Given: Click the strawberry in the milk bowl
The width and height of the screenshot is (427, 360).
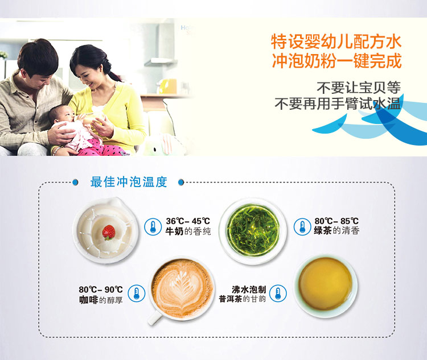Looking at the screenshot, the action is pos(108,233).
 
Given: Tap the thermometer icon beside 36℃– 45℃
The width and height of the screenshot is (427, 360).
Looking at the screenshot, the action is pos(153,226).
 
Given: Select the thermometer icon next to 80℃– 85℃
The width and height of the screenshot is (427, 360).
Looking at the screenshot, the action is pos(302,227).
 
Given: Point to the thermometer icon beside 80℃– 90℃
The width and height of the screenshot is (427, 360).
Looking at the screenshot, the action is pos(137,293).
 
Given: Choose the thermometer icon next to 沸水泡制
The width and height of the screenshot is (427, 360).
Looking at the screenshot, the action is pos(278,293).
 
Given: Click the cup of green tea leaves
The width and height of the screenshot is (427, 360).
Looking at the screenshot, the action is pos(253,231).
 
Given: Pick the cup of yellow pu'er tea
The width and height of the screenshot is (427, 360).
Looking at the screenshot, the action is pos(325,285).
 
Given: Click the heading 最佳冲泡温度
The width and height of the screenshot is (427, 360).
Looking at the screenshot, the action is pos(129,182).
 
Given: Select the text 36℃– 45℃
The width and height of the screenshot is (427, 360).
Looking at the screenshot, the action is pos(188,221).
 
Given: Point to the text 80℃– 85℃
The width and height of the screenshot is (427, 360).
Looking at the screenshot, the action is pos(336,221).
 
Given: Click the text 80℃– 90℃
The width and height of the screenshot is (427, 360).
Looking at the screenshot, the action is pos(101,289).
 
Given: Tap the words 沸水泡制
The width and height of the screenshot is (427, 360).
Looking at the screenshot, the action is pos(249,289).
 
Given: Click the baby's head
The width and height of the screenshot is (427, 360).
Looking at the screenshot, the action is pos(61,114).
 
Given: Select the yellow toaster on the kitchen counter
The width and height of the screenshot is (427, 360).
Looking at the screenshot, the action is pos(167,86).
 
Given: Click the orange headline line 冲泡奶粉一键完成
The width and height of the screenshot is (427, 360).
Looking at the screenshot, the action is pos(337,61).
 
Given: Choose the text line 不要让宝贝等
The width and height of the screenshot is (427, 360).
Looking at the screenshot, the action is pos(359,87).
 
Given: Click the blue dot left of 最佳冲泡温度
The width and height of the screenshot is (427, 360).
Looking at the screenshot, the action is pos(75,183).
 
